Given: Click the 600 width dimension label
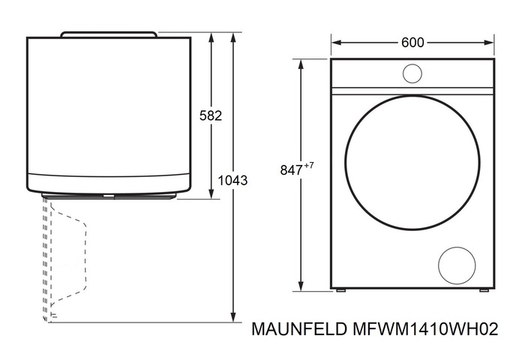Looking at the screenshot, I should (412, 43).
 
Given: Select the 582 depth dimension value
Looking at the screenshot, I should (211, 115).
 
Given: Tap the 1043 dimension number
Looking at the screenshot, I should (233, 181).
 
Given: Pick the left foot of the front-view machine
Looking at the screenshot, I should (341, 289).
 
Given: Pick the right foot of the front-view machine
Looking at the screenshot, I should (484, 289).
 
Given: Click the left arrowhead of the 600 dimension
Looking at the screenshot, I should (334, 43).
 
